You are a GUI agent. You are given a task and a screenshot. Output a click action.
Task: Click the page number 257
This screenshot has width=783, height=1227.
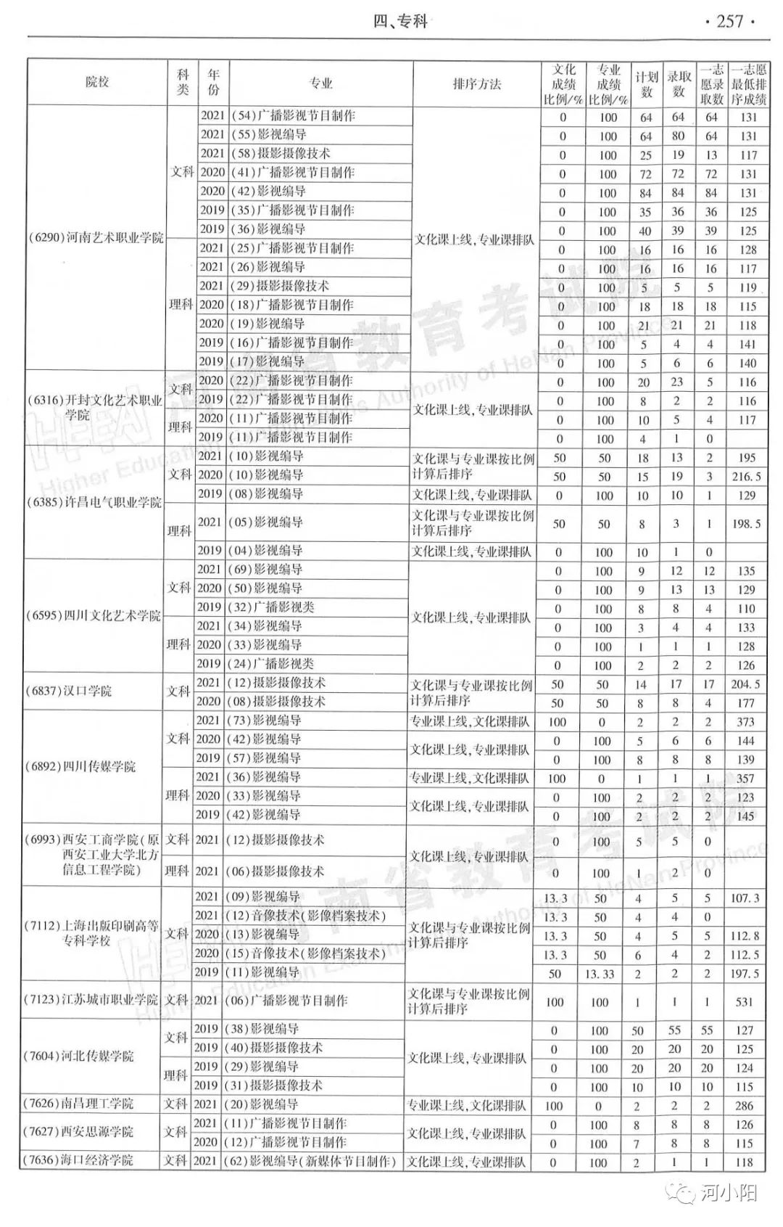[729, 22]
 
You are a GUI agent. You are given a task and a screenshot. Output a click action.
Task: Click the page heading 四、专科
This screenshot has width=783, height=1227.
[400, 22]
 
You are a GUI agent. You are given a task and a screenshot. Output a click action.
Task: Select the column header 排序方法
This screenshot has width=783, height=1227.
[476, 84]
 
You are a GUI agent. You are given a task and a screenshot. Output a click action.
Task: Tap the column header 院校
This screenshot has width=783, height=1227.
[97, 82]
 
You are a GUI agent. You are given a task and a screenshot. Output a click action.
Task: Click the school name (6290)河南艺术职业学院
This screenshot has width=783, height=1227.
[96, 238]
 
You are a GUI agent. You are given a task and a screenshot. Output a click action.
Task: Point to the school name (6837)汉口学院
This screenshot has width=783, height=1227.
[68, 692]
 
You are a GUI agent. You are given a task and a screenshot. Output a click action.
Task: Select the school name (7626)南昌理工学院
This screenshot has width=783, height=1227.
[78, 1104]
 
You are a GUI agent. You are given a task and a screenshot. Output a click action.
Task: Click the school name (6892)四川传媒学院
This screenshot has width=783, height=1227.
[80, 767]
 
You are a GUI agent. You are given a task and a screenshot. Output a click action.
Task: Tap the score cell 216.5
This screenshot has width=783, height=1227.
[747, 477]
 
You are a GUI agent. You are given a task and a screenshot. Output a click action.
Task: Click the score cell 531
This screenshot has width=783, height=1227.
[744, 1002]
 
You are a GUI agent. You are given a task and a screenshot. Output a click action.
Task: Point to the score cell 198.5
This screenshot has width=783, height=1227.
[747, 523]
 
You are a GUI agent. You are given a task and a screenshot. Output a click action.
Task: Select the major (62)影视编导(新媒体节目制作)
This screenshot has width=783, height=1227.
[312, 1162]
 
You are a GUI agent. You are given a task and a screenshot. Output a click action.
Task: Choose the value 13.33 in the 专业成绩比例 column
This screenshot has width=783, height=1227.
[600, 974]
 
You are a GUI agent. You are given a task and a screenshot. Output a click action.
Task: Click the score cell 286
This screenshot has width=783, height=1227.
[744, 1106]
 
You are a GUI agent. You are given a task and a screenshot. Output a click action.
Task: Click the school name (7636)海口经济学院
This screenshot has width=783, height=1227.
[78, 1160]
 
